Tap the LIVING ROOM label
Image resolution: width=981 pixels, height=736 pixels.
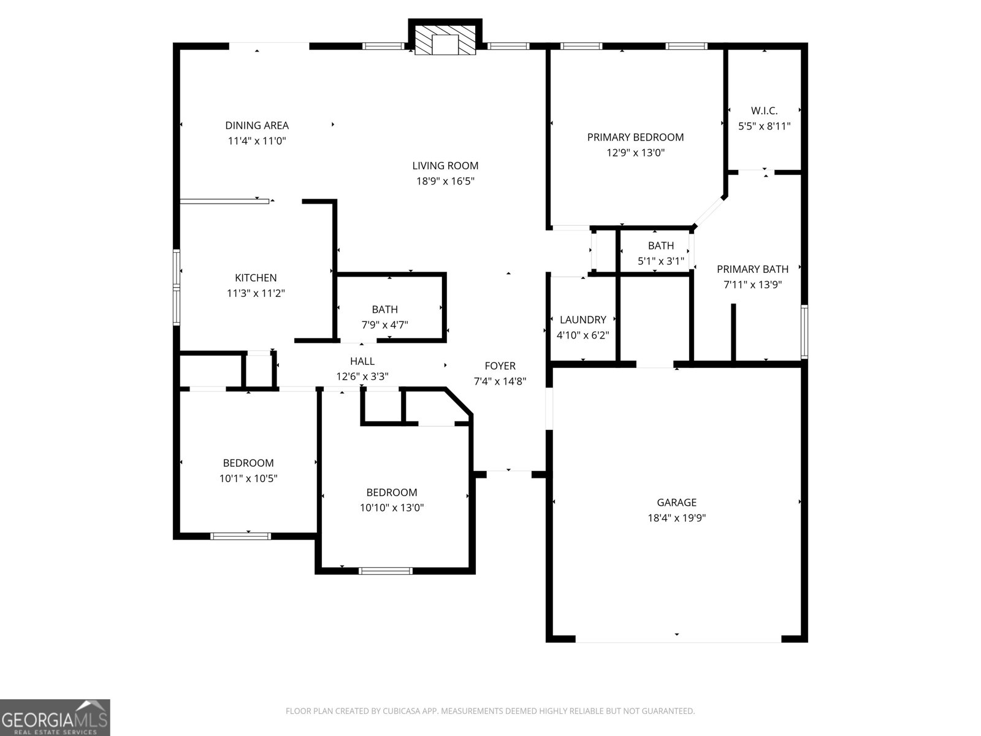click(x=445, y=166)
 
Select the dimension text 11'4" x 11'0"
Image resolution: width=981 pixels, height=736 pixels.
click(x=257, y=140)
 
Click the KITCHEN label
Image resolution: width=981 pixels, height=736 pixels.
click(x=256, y=278)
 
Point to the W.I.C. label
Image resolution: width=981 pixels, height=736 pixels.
click(x=764, y=111)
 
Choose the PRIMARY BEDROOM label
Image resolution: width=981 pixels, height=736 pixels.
click(x=635, y=137)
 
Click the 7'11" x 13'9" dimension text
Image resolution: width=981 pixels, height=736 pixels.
click(x=752, y=285)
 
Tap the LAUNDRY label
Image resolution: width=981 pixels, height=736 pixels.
click(x=582, y=320)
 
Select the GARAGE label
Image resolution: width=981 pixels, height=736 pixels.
click(x=676, y=502)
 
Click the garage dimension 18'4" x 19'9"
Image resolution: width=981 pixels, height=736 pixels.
click(x=676, y=518)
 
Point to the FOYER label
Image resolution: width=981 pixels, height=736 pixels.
click(x=500, y=366)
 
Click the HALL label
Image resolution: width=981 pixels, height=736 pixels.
click(x=362, y=361)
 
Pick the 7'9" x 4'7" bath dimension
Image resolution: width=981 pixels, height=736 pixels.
click(x=384, y=324)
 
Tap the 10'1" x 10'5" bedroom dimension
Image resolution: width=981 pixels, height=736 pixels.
click(x=248, y=478)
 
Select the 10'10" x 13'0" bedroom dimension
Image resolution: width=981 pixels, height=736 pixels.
click(x=392, y=508)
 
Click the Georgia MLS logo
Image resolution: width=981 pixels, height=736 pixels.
click(x=55, y=718)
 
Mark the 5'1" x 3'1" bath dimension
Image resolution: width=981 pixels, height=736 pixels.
click(x=660, y=261)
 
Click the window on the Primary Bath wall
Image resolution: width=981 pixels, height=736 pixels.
click(x=804, y=331)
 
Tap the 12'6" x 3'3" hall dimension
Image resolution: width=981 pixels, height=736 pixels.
click(x=362, y=377)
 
